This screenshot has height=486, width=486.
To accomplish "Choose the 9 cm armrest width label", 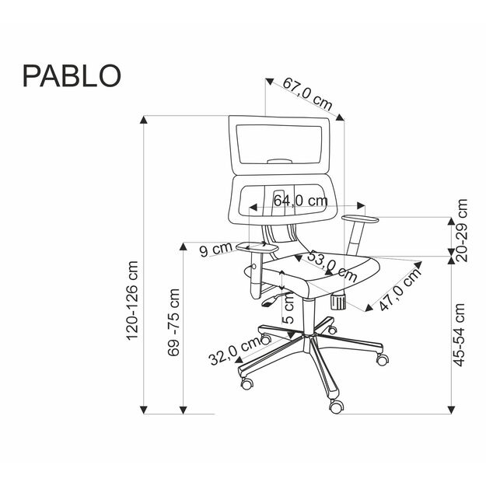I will [x=216, y=250].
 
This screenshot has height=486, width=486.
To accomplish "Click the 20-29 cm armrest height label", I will [x=461, y=231].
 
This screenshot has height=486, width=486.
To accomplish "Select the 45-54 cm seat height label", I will [x=461, y=334].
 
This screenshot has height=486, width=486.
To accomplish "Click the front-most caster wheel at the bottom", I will [x=336, y=405].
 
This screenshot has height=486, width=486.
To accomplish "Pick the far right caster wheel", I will [x=382, y=359].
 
